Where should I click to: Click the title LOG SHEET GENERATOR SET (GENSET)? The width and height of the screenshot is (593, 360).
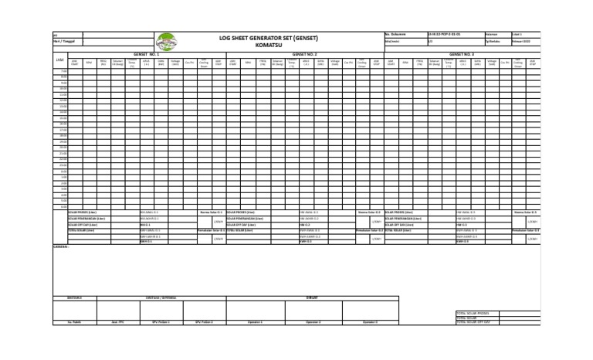click(x=269, y=38)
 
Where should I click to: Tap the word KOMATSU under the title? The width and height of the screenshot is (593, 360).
click(x=269, y=45)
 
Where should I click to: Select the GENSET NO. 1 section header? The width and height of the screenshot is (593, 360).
click(x=146, y=54)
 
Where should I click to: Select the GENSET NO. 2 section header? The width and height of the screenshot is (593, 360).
click(x=306, y=54)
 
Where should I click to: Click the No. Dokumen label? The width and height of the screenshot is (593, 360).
click(x=395, y=35)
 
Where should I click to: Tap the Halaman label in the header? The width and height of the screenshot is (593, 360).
click(x=492, y=35)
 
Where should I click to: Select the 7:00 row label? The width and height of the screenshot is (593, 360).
click(x=65, y=72)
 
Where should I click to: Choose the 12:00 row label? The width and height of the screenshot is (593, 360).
click(x=64, y=100)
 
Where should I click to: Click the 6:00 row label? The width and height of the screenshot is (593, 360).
click(x=65, y=206)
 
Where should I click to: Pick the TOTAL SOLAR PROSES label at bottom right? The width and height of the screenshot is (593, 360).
click(x=473, y=313)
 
